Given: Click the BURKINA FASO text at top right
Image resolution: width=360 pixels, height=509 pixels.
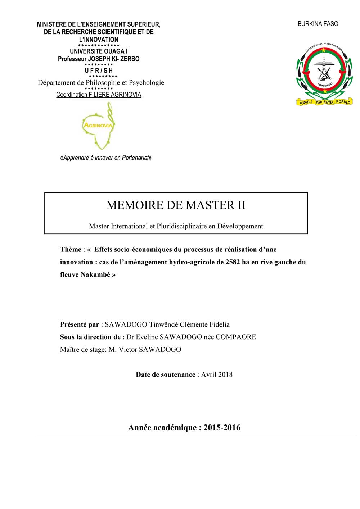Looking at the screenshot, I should coord(318,24).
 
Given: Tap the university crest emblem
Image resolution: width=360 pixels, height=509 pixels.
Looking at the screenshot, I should coord(324,74).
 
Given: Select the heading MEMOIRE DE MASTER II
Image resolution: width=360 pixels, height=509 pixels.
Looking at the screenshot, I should coord(176,205).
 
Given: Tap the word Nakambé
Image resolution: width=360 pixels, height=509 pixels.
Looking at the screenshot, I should coord(95,274).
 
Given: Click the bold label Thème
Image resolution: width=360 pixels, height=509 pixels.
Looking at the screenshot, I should coord(71,249).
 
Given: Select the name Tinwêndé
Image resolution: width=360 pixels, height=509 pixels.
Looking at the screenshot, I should coord(164,324).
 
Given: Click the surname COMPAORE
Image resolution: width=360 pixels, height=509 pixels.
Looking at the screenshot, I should coord(236,337).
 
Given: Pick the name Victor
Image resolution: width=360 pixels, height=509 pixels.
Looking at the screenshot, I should coord(129,349).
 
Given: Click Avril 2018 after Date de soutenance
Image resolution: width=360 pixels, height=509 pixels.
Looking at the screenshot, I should coord(217,374).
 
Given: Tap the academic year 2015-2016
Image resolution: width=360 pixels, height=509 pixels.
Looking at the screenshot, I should coord(222,427).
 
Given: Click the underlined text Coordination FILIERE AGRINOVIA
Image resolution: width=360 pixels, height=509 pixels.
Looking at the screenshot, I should coord(99,95).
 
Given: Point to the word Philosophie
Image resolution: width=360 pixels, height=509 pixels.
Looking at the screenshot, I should coord(103,82).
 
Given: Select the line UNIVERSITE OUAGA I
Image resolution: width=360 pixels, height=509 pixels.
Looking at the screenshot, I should coord(99,51).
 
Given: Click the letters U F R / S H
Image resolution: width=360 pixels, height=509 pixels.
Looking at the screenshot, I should coord(99,71).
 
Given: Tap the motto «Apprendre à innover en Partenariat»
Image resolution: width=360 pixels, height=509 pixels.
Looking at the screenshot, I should coord(106,158).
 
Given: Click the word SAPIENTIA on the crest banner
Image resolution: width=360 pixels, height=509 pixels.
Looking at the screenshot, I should coord(324,103).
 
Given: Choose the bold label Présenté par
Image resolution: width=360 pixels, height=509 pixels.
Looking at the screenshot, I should coord(79,324).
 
